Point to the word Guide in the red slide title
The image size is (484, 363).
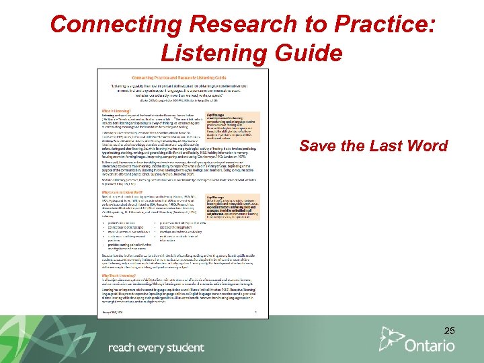tap(309, 52)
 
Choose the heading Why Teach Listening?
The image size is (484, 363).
tap(118, 275)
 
